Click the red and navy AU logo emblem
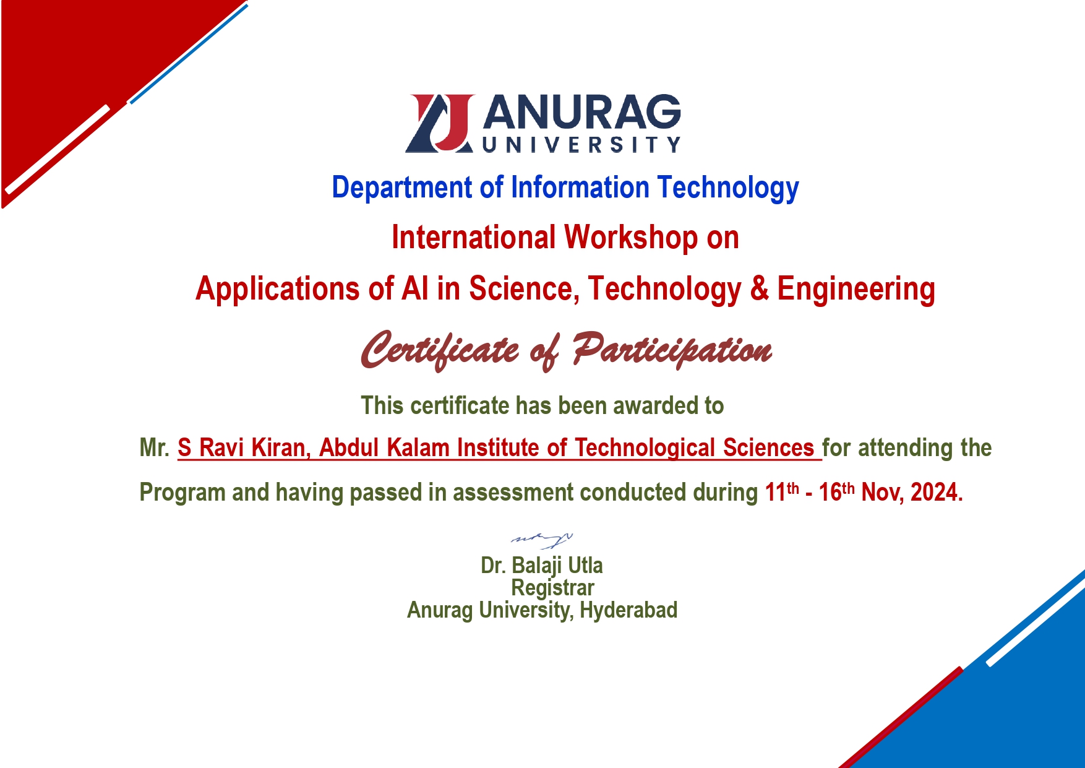[x=440, y=123]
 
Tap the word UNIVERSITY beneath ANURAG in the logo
[x=581, y=145]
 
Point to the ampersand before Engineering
[x=759, y=288]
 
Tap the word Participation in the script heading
[x=672, y=350]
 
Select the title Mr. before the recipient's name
[x=155, y=447]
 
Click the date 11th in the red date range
[x=782, y=492]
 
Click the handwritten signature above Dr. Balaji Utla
[x=542, y=540]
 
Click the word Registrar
[x=552, y=587]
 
